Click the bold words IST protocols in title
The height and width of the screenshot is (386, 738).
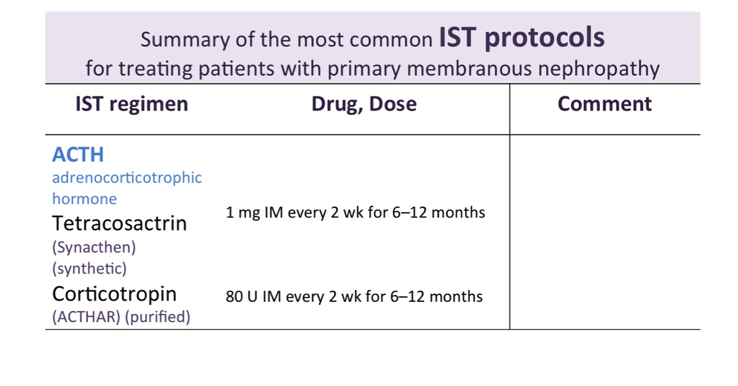click(x=522, y=38)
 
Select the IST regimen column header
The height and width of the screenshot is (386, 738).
click(x=132, y=104)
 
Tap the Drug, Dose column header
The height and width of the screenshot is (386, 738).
click(x=364, y=104)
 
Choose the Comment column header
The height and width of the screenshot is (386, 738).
click(x=605, y=104)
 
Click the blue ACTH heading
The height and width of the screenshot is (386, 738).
click(x=78, y=154)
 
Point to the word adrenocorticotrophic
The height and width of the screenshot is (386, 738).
click(x=127, y=178)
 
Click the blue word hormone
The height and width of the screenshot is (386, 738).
click(x=85, y=199)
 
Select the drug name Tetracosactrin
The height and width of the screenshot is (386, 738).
click(x=119, y=223)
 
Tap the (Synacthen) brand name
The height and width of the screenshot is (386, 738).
click(x=94, y=247)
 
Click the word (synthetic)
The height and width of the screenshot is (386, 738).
click(x=89, y=269)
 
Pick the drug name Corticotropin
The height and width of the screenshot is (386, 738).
click(x=114, y=294)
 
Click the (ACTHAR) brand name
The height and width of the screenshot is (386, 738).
click(x=86, y=317)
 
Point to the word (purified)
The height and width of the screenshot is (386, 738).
click(x=158, y=317)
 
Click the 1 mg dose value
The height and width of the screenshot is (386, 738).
click(x=243, y=213)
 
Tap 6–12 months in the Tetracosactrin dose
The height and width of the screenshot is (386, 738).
click(x=438, y=213)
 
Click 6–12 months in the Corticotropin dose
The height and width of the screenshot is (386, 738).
click(x=436, y=296)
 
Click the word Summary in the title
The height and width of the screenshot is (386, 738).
click(x=185, y=40)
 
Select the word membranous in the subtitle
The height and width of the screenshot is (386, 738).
click(x=469, y=68)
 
